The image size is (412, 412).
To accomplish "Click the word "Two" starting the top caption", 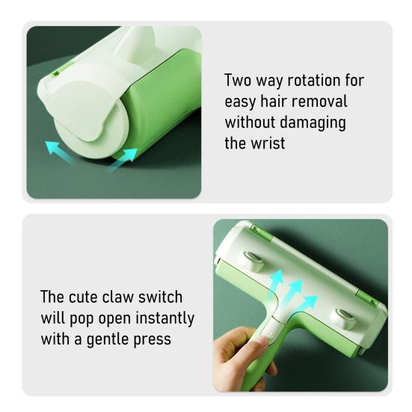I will [239, 81].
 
